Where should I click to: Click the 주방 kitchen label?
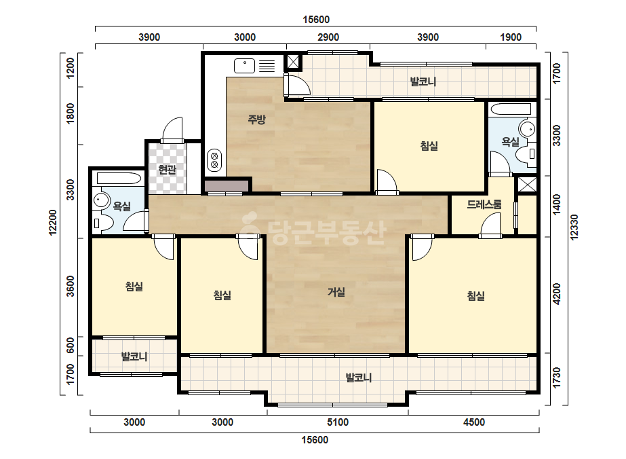256,119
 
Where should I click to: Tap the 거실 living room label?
336,292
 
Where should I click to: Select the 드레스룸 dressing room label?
484,204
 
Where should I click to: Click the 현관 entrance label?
167,170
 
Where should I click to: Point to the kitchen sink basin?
244,66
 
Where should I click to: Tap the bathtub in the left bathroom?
119,178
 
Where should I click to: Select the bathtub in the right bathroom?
511,109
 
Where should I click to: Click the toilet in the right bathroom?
526,154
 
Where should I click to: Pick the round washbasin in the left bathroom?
101,200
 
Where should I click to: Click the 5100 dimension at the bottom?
338,422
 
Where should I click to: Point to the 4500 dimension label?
474,422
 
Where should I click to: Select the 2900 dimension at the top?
328,37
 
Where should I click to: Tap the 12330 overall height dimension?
574,227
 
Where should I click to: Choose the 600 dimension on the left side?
71,346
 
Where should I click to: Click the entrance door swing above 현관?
172,129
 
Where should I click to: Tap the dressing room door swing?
490,225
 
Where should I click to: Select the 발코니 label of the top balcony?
423,81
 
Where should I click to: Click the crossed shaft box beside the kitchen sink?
293,62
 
